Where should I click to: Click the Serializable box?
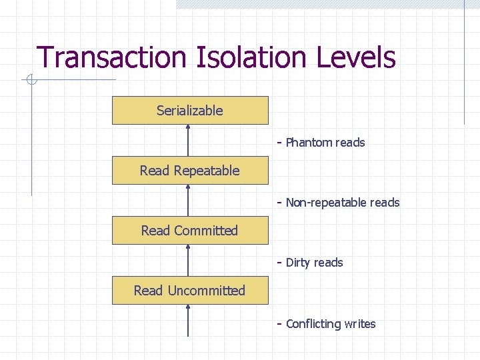point(190,111)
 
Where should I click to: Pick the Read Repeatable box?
point(190,171)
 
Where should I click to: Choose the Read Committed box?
point(190,231)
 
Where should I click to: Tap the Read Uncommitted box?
point(190,291)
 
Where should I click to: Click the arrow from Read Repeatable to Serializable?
point(189,141)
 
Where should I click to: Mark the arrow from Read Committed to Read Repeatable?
point(189,201)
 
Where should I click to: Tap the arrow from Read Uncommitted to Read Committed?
point(189,261)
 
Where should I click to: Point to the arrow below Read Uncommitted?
point(189,321)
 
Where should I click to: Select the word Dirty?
point(297,263)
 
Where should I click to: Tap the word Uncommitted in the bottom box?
point(207,291)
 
